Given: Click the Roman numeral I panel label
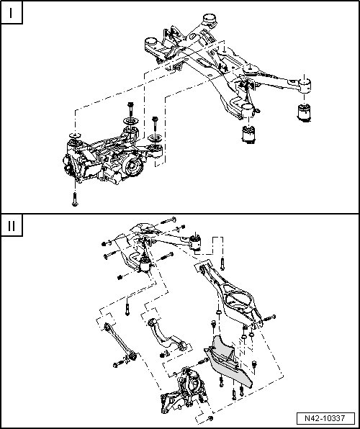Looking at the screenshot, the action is (11, 13).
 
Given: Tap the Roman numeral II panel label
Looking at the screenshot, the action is (12, 226).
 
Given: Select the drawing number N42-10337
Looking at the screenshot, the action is (325, 418).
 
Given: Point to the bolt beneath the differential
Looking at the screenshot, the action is (75, 199).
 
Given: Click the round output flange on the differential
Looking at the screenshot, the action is (132, 166).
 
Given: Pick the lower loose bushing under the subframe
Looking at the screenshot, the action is (248, 134).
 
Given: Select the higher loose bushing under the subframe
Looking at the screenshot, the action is (304, 112).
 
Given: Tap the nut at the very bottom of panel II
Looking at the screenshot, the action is (210, 418).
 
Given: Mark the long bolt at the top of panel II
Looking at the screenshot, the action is (168, 220).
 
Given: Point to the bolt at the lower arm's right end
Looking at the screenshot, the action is (269, 318).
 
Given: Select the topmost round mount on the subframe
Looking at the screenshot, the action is (210, 20).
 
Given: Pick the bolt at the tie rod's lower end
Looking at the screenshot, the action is (119, 364).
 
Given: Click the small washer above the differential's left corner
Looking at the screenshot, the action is (75, 135).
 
